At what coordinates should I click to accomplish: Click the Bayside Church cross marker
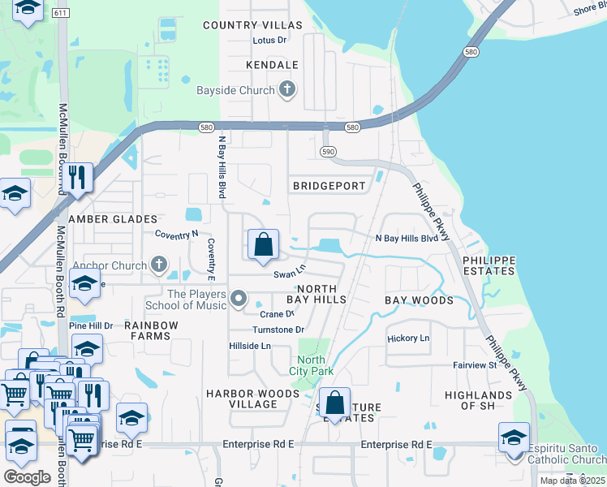coord(286,90)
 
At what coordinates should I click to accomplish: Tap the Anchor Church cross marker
coord(159,265)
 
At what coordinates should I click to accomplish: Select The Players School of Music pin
coord(238,300)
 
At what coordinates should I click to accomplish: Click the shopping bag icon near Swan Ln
coord(264,245)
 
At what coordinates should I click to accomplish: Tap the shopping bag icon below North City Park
coord(334,403)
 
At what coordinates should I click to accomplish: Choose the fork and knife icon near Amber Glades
coord(78,179)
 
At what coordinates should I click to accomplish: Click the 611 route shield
coord(60,14)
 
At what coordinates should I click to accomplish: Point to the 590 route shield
coord(328,152)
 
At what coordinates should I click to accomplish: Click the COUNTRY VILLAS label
coord(252,26)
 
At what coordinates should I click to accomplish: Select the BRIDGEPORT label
coord(329,186)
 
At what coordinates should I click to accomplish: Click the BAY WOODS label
coord(419,300)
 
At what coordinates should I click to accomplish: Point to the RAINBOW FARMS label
coord(151,331)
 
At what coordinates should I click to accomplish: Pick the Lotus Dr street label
coord(270,40)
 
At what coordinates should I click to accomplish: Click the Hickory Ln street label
coord(408,338)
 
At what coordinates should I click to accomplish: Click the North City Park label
coord(311,365)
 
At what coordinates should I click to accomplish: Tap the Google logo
coord(27,477)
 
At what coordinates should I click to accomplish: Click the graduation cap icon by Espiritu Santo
coord(514,439)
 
